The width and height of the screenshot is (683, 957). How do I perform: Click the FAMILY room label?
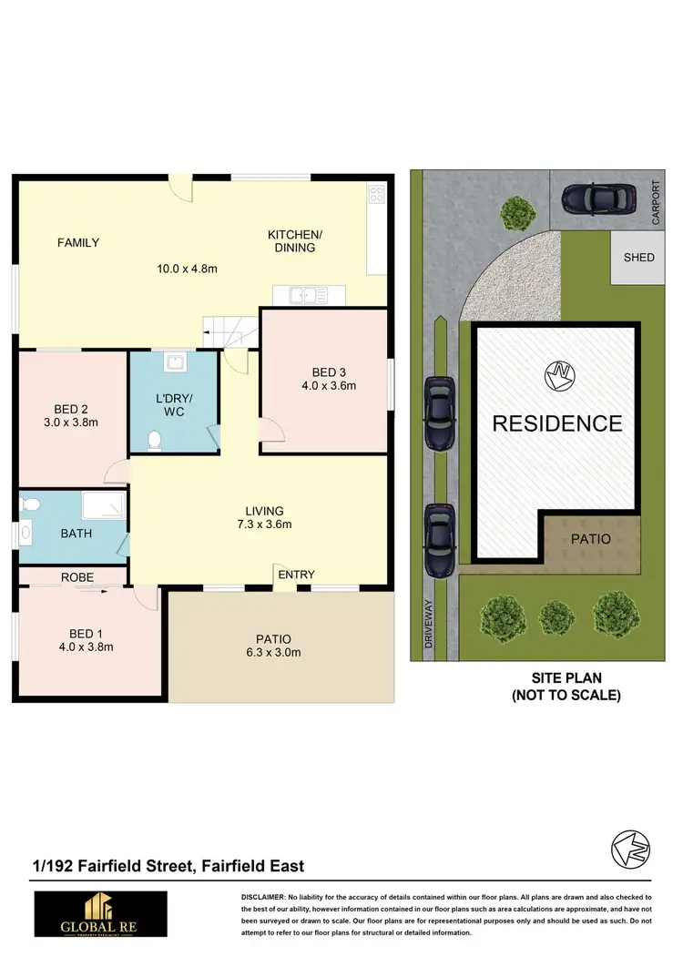coord(78,242)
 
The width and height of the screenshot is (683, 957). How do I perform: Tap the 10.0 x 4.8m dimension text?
coord(188,269)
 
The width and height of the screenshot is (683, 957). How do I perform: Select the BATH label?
coord(76,534)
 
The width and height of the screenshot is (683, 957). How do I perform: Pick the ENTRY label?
coord(296,575)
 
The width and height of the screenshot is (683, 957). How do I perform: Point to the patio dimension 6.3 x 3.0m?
coord(273,653)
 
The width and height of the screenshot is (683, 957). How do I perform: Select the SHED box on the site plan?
coord(638,257)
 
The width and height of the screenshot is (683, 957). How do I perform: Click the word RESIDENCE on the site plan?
coord(557,423)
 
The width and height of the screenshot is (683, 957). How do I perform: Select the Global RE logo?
coord(101,914)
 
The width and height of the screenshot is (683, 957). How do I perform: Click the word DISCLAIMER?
coord(264,898)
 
